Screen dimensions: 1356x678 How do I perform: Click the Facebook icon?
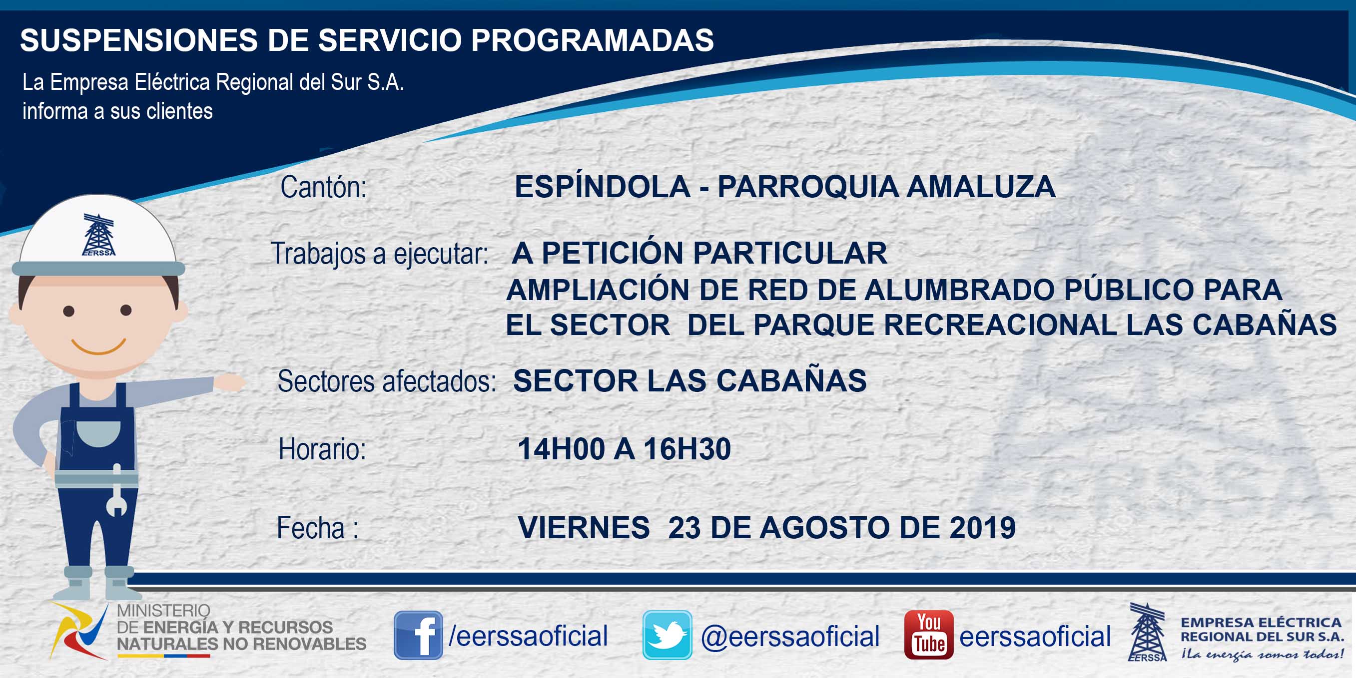coord(418,635)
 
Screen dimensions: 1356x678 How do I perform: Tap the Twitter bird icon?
coord(667,635)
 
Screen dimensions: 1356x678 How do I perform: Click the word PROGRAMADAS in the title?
coord(592,40)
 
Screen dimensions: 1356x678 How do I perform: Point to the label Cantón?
coord(323,187)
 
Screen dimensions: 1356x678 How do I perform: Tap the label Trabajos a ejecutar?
coord(380,254)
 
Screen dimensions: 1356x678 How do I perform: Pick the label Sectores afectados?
coord(387,381)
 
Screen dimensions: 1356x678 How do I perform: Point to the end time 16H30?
coord(687,449)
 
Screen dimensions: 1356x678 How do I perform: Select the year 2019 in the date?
coord(982,528)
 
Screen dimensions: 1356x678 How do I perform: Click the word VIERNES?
coord(584,528)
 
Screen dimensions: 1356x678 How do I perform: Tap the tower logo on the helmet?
coord(98,235)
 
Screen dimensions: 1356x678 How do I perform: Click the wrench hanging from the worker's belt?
coord(116,490)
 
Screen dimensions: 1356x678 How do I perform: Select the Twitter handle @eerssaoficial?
coord(790,637)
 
